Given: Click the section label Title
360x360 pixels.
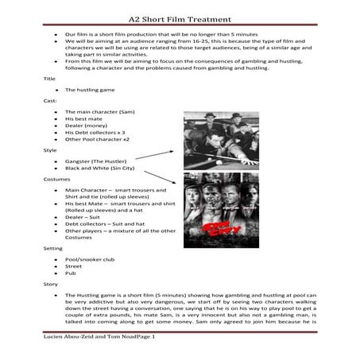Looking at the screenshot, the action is point(50,79).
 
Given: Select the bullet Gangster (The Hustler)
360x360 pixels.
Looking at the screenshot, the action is point(97,161).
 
